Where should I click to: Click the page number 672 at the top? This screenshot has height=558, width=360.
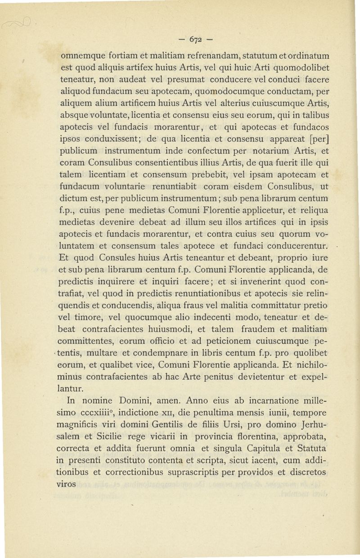196,38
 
